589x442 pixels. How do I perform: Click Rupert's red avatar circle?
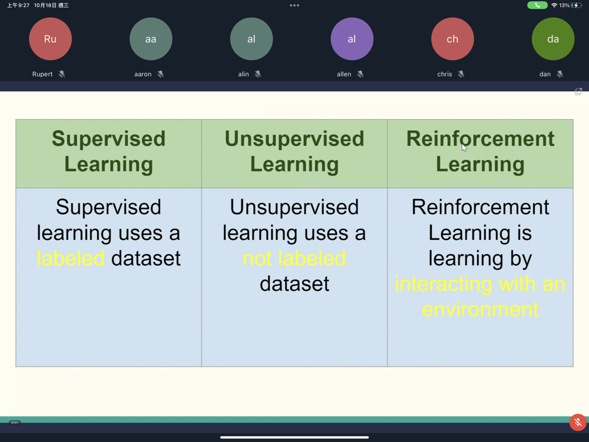(x=50, y=39)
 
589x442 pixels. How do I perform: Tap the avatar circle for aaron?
(x=151, y=39)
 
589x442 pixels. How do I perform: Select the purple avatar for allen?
(x=352, y=39)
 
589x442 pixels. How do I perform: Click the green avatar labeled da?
(x=552, y=39)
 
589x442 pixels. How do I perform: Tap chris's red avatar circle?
(x=452, y=39)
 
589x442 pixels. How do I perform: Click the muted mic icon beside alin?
(x=258, y=74)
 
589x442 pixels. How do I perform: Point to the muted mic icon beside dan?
(x=560, y=74)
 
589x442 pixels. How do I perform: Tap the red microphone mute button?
(x=578, y=423)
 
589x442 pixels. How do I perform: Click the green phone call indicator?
(x=537, y=5)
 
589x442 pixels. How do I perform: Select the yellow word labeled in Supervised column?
(x=71, y=258)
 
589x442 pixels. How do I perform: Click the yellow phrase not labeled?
(x=294, y=258)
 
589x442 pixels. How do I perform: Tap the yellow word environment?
(x=480, y=309)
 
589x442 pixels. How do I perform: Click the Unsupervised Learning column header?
(x=294, y=151)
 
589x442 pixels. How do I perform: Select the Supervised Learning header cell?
(x=108, y=151)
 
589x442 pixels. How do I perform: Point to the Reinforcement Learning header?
(x=480, y=151)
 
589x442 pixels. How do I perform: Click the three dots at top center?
(x=294, y=5)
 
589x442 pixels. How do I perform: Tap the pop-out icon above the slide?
(x=578, y=91)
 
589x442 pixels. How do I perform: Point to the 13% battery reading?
(x=564, y=5)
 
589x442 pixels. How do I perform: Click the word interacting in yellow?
(x=444, y=284)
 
